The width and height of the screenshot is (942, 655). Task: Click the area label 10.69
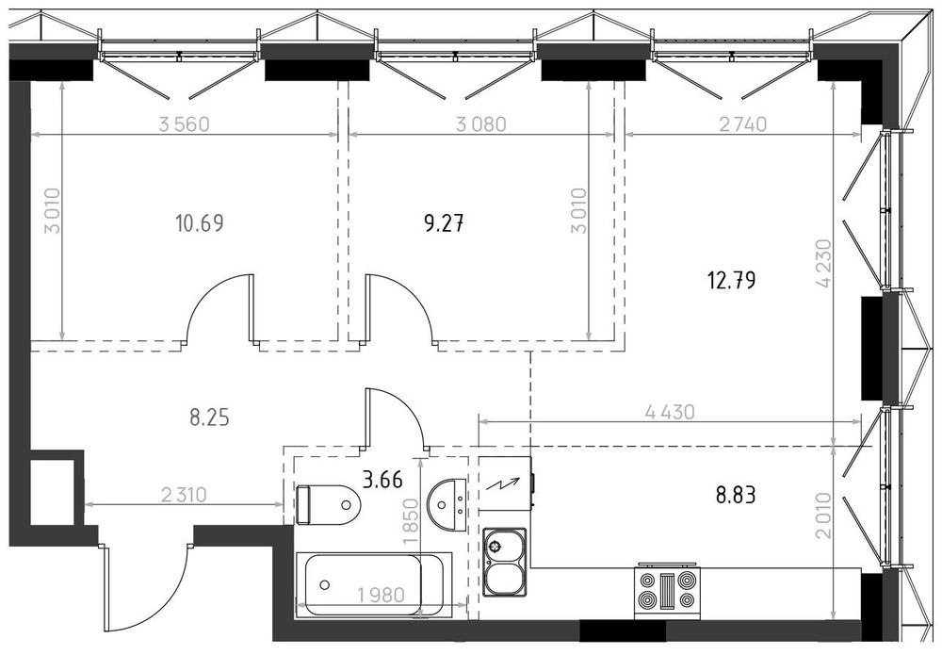click(200, 223)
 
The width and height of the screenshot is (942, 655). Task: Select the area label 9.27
click(444, 224)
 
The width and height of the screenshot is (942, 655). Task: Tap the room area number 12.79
click(732, 280)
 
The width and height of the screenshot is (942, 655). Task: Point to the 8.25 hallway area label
click(210, 418)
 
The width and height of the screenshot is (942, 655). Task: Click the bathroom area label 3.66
click(382, 480)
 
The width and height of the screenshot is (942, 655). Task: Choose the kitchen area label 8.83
click(736, 496)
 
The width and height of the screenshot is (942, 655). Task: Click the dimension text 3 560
click(184, 124)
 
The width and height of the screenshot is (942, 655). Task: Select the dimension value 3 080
click(481, 124)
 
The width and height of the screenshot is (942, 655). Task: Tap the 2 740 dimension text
click(743, 123)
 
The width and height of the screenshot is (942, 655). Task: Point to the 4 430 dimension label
click(670, 412)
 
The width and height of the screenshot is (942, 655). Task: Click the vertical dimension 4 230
click(823, 263)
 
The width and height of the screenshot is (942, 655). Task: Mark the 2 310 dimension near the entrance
click(184, 495)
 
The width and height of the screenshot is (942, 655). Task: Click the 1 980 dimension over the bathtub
click(381, 595)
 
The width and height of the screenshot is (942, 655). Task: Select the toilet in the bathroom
click(328, 504)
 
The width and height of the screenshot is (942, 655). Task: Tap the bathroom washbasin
click(447, 504)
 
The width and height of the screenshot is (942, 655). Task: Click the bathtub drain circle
click(325, 584)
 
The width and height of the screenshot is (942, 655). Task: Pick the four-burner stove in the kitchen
click(668, 591)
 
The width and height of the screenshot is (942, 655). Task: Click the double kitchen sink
click(505, 563)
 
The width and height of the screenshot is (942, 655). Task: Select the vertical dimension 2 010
click(823, 515)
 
